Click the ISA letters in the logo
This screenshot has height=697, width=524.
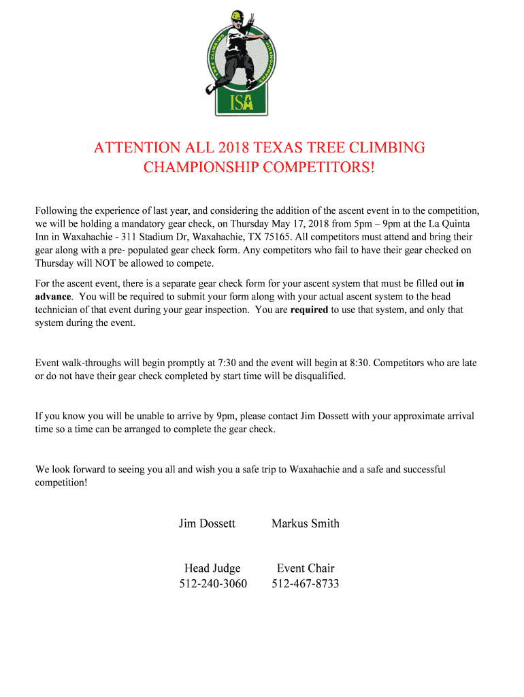(241, 101)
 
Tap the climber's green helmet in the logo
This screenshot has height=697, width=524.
(236, 16)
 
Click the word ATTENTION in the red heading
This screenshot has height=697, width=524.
(137, 148)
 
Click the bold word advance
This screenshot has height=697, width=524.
(52, 297)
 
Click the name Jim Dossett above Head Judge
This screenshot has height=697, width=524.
(207, 523)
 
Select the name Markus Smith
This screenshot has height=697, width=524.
(305, 523)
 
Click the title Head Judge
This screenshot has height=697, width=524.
(212, 568)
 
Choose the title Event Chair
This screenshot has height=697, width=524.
(306, 568)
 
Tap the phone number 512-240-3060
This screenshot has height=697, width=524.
(213, 584)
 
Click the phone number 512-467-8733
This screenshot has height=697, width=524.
(306, 584)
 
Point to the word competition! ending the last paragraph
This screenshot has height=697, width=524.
(61, 483)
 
